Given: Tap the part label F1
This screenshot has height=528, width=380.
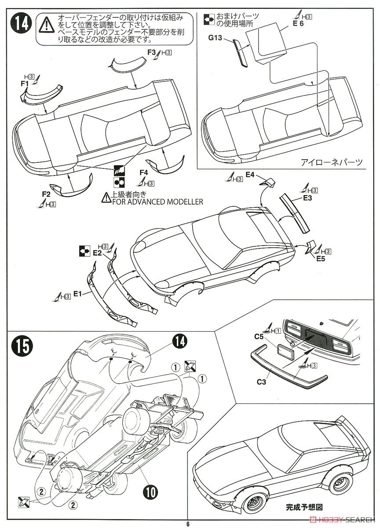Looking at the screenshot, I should [x=24, y=82].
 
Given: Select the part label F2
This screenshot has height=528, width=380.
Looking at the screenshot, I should [x=45, y=194].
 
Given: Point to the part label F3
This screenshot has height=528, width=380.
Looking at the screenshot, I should [x=152, y=52].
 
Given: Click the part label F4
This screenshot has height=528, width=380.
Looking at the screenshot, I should [x=144, y=172].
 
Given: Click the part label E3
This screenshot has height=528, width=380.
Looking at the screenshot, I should [x=307, y=198].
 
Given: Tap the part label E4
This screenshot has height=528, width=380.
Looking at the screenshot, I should [x=250, y=175].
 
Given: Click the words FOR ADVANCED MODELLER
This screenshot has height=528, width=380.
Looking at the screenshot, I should [x=156, y=202].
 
